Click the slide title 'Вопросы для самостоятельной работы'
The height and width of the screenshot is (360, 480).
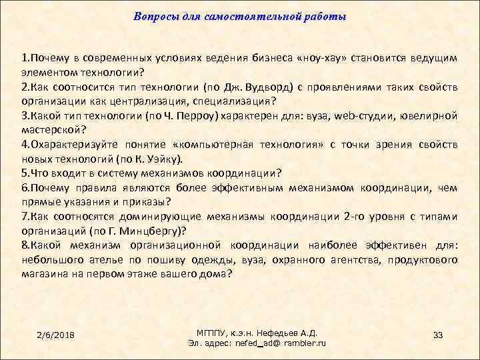click(240, 15)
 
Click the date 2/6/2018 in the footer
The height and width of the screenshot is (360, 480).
click(56, 334)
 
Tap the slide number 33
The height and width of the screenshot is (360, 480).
click(438, 334)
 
